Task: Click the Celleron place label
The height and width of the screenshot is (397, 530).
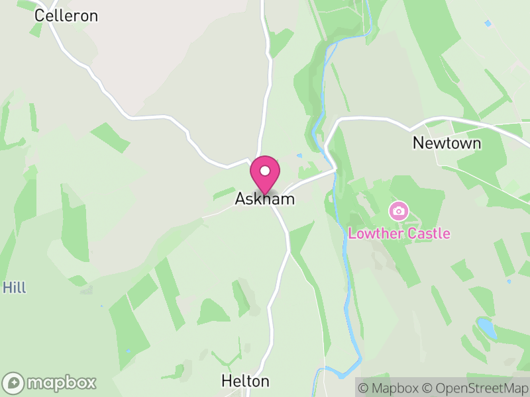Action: click(x=66, y=15)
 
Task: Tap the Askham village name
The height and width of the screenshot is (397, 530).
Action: click(x=264, y=198)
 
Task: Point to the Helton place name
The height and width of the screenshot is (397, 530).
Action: click(x=245, y=381)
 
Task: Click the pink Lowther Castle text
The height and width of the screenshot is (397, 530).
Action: click(x=399, y=234)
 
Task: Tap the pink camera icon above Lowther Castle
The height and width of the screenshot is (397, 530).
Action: click(x=398, y=211)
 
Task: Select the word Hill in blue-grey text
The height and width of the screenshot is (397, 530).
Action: click(x=14, y=288)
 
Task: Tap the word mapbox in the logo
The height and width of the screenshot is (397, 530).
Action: click(x=62, y=382)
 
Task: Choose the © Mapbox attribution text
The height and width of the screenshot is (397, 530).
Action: click(x=391, y=388)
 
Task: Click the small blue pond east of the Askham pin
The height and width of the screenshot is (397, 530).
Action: click(x=300, y=156)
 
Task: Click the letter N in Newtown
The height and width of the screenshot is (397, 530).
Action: click(x=418, y=143)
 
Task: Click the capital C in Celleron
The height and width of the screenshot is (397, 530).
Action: click(x=39, y=15)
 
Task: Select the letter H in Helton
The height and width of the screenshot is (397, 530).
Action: click(x=226, y=381)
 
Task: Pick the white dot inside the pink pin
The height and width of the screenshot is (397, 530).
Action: click(x=265, y=171)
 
